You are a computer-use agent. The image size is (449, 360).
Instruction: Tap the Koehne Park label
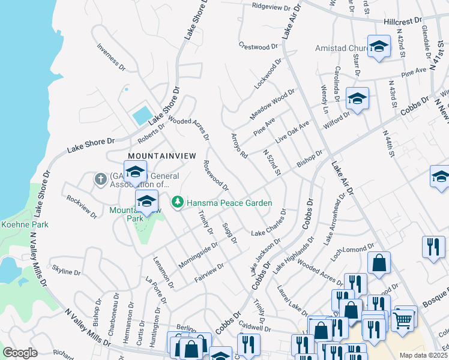[24, 224]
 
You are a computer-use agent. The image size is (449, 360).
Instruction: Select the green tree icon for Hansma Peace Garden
[177, 203]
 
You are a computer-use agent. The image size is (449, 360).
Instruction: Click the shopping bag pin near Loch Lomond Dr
[379, 263]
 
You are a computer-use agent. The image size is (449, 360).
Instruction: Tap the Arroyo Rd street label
[239, 146]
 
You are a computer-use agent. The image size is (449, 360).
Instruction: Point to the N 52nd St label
[272, 163]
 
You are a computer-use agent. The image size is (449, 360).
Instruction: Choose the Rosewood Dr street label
[215, 175]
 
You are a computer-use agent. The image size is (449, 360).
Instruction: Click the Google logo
[20, 352]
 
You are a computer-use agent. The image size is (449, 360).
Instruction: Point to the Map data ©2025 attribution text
[424, 355]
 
